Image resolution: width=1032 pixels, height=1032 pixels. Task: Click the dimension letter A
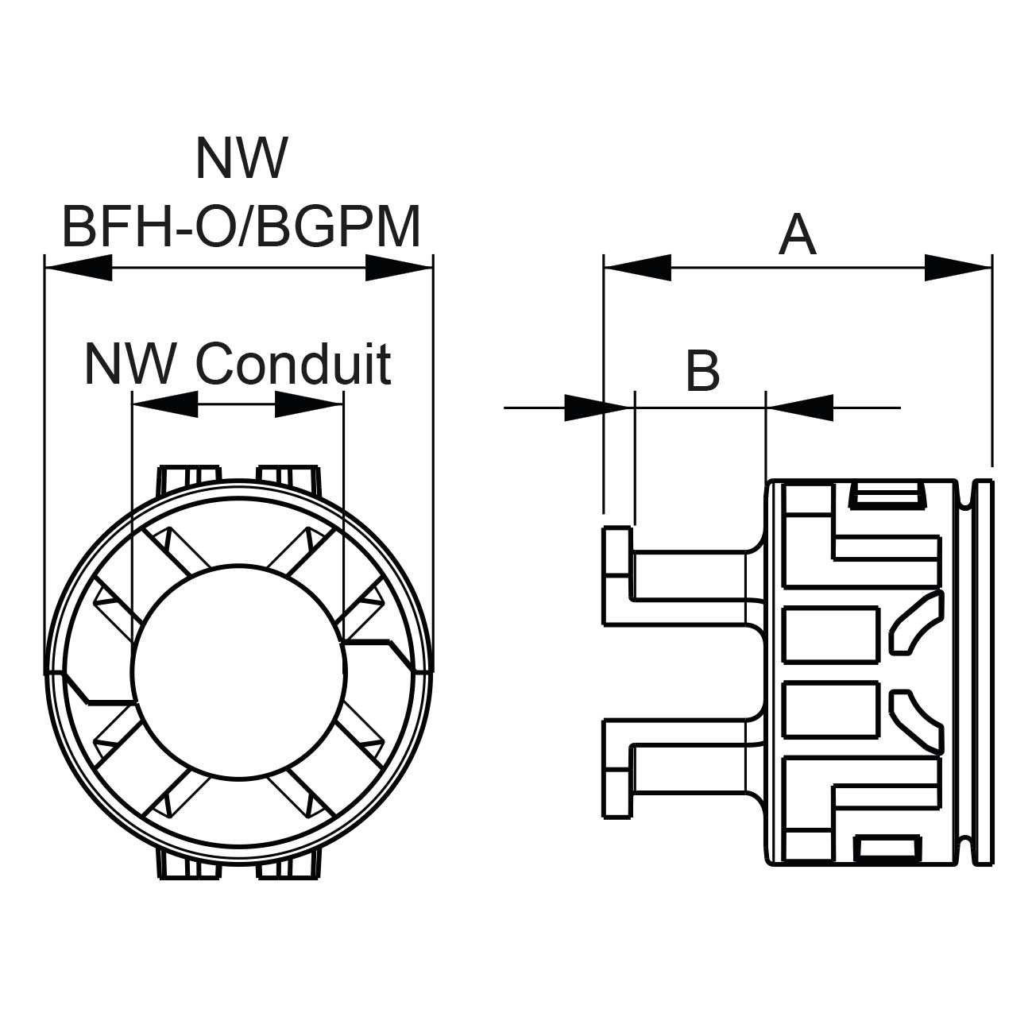[x=797, y=236]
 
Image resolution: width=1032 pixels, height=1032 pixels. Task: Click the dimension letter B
[x=702, y=371]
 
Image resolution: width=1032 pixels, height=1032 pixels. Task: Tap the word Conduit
[x=293, y=365]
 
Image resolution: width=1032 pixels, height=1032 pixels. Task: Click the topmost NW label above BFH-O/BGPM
[x=240, y=158]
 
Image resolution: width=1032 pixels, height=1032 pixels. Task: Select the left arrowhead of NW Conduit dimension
[x=164, y=404]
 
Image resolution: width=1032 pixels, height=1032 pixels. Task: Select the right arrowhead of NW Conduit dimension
[x=308, y=404]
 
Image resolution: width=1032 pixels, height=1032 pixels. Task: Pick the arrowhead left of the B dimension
[x=585, y=408]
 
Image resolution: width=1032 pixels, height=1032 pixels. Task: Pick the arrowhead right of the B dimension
[x=801, y=408]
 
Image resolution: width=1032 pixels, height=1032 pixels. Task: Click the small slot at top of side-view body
[x=885, y=496]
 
